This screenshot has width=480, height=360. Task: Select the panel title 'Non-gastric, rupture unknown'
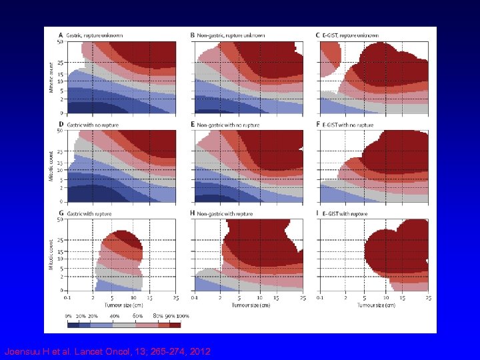[x=231, y=35]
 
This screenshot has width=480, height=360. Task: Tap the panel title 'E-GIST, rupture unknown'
[x=351, y=35]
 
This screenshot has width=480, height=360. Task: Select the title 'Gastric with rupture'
[x=90, y=213]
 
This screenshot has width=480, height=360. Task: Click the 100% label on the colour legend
[x=181, y=316]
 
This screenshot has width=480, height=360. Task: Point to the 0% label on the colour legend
[x=68, y=316]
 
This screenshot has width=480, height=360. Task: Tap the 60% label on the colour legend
[x=137, y=316]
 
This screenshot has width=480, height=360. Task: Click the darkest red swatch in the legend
[x=175, y=325]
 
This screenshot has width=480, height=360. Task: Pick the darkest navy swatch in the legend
[x=73, y=325]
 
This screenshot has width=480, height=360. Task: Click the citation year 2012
[x=199, y=351]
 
